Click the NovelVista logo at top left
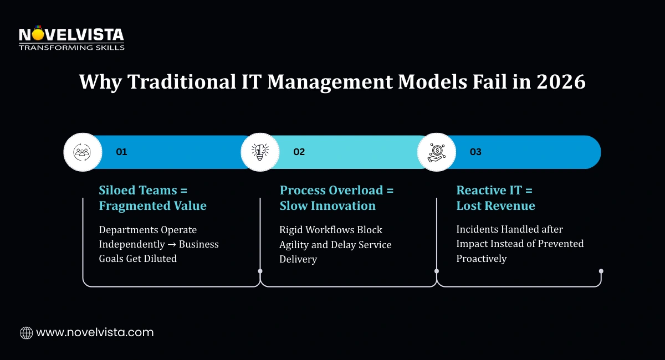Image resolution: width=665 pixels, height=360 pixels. pyautogui.click(x=71, y=35)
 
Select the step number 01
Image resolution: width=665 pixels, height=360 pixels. pyautogui.click(x=121, y=152)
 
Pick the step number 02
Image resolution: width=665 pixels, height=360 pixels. pyautogui.click(x=299, y=152)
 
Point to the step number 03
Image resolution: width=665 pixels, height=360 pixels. pyautogui.click(x=475, y=152)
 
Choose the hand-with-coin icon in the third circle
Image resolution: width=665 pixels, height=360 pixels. pyautogui.click(x=436, y=152)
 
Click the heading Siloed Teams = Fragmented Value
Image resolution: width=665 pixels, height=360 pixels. pyautogui.click(x=152, y=198)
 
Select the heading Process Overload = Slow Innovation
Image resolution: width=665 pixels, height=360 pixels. pyautogui.click(x=336, y=198)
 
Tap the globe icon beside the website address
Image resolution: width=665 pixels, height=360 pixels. pyautogui.click(x=26, y=333)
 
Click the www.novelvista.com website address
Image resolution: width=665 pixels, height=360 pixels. pyautogui.click(x=95, y=333)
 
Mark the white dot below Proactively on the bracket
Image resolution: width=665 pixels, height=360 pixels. pyautogui.click(x=601, y=271)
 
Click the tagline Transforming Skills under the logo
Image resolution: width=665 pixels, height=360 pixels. pyautogui.click(x=71, y=48)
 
